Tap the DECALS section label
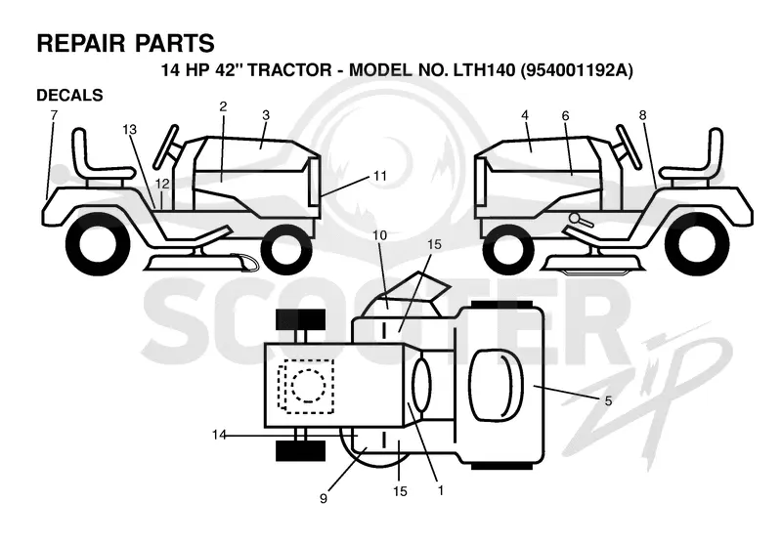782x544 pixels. (69, 95)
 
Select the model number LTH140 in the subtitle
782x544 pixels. (484, 70)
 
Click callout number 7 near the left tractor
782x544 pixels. (54, 115)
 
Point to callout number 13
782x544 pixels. (129, 130)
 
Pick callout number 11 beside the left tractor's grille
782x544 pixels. (380, 176)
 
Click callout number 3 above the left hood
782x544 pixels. (265, 115)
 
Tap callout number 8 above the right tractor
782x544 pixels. (642, 115)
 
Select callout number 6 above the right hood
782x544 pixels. (565, 115)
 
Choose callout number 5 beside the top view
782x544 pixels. (608, 400)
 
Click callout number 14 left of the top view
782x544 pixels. (219, 435)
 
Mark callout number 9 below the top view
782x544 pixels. (324, 498)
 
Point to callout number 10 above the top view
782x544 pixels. (379, 234)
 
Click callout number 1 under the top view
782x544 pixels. (440, 490)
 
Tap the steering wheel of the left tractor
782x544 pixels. (165, 146)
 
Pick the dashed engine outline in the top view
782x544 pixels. (306, 386)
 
